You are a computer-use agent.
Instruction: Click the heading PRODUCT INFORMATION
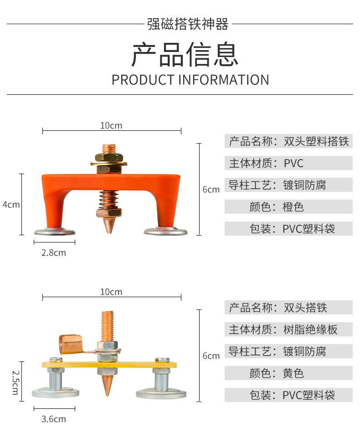click(190, 80)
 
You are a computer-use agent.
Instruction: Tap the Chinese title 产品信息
click(185, 55)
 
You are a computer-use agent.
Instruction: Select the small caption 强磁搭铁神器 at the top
click(188, 24)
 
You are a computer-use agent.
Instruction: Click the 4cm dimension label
click(11, 205)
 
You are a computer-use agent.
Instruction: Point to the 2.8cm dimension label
click(54, 253)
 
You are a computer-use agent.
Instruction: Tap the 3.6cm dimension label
click(54, 419)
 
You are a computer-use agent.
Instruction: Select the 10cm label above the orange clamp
click(111, 125)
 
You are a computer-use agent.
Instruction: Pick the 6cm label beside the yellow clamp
click(211, 356)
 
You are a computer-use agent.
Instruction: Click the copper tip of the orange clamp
click(109, 226)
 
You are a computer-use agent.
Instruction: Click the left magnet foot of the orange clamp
click(55, 232)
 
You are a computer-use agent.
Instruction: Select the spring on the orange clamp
click(109, 199)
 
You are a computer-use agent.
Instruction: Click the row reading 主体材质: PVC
click(288, 163)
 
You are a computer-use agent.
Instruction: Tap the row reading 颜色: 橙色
click(288, 207)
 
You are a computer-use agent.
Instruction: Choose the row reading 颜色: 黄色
click(288, 373)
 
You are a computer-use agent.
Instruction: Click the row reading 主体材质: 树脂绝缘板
click(288, 329)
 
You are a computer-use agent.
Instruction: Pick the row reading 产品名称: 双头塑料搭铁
click(288, 141)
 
